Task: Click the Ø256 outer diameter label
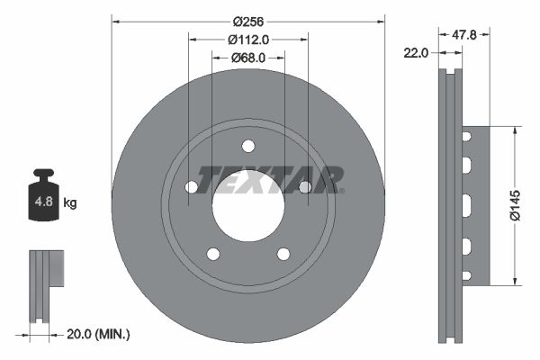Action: (248, 21)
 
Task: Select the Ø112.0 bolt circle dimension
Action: (248, 40)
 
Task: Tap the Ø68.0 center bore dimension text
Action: (248, 58)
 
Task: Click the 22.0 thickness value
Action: (415, 53)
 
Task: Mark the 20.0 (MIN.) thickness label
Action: (99, 334)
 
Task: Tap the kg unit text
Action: (70, 203)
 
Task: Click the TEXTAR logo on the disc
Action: (270, 179)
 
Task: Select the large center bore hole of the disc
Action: (248, 207)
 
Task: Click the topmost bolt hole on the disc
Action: (248, 147)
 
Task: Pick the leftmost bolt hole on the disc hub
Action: (191, 187)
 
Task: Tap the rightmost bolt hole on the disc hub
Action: (305, 187)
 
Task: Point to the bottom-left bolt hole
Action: (213, 254)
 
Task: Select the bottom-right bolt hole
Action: (283, 254)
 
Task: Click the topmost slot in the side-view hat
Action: (467, 137)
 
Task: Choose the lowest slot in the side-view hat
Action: (467, 274)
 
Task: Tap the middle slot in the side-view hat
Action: (467, 205)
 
